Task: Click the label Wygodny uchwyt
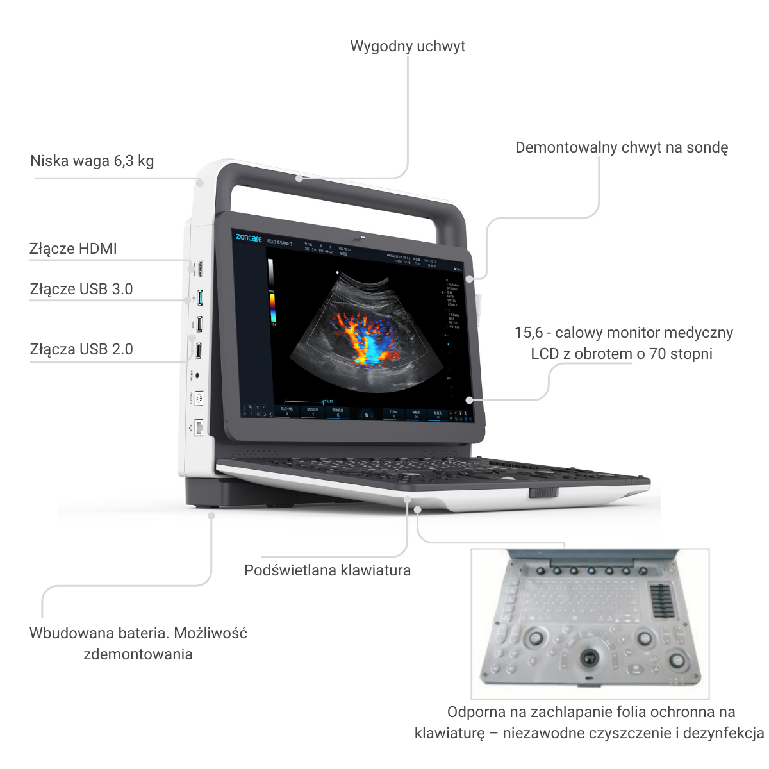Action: pyautogui.click(x=408, y=46)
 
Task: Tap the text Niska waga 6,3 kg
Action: pyautogui.click(x=92, y=161)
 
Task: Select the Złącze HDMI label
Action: pyautogui.click(x=73, y=249)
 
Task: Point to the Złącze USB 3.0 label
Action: pyautogui.click(x=81, y=289)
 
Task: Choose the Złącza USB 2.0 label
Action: pyautogui.click(x=81, y=349)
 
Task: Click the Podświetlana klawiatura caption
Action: pyautogui.click(x=327, y=570)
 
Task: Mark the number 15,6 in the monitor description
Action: pyautogui.click(x=528, y=333)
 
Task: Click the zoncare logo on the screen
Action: pyautogui.click(x=249, y=238)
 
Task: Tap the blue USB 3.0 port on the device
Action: pyautogui.click(x=200, y=298)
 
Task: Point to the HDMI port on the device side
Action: pyautogui.click(x=200, y=269)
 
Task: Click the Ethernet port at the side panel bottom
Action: pyautogui.click(x=199, y=427)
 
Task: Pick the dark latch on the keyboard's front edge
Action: pyautogui.click(x=543, y=493)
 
